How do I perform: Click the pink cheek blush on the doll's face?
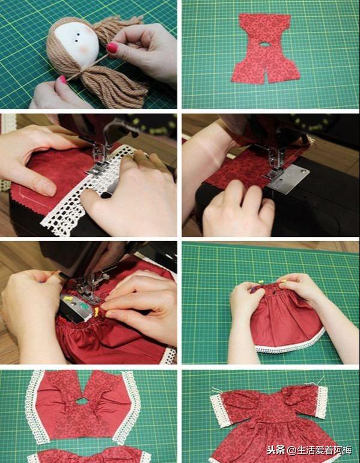[x=85, y=49]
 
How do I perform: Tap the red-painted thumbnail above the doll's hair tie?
[x=112, y=48]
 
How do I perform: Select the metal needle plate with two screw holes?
[x=288, y=179]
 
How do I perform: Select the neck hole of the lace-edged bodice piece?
[x=82, y=401]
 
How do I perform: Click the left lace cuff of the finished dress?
[x=220, y=411]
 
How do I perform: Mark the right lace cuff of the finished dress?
[x=322, y=402]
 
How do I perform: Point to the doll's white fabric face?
[x=78, y=43]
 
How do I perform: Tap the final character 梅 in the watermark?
[x=347, y=450]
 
